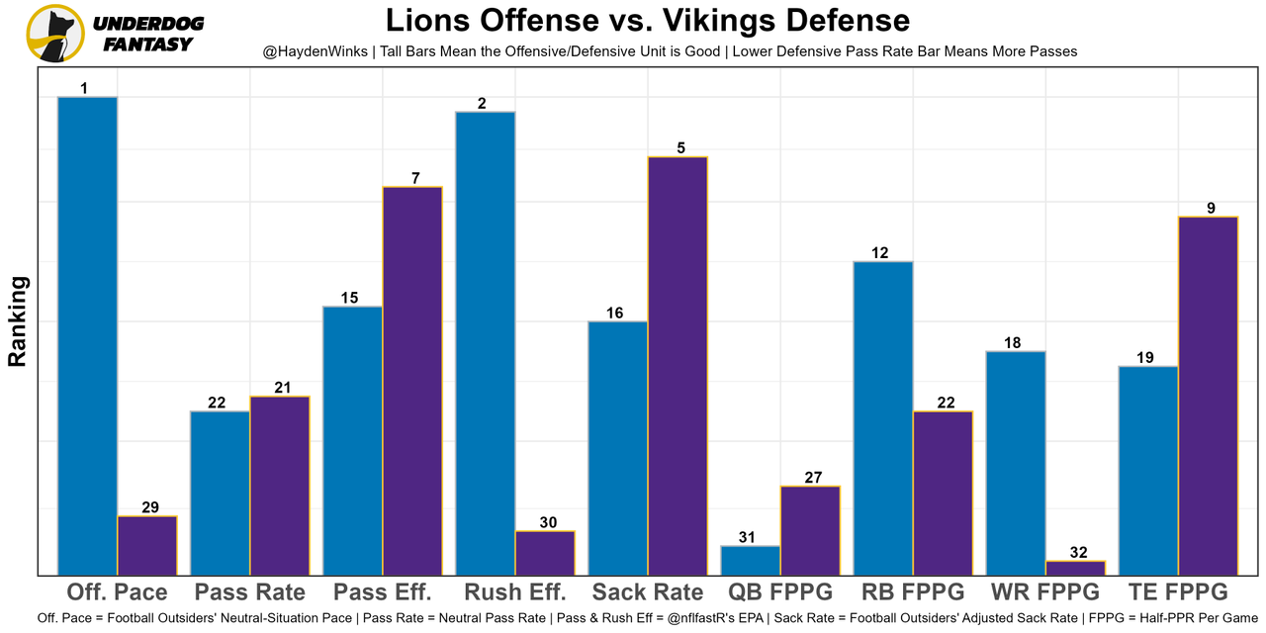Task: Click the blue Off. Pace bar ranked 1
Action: click(87, 335)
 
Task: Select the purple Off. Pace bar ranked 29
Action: click(147, 545)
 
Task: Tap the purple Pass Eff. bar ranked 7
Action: click(412, 380)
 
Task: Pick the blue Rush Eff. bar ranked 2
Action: click(485, 342)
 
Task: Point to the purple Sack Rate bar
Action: click(678, 365)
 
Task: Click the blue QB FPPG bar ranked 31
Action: click(750, 560)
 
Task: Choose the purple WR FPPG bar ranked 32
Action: click(1075, 568)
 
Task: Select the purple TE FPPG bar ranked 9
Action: click(1208, 395)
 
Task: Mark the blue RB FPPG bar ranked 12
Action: click(882, 417)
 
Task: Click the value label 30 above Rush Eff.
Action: click(545, 522)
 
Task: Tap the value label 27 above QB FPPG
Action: click(810, 478)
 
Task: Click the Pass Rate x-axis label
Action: click(250, 592)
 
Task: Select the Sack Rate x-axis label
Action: click(648, 592)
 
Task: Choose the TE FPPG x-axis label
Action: click(1178, 592)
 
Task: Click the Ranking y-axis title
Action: click(18, 321)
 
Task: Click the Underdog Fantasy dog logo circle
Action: click(55, 33)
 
